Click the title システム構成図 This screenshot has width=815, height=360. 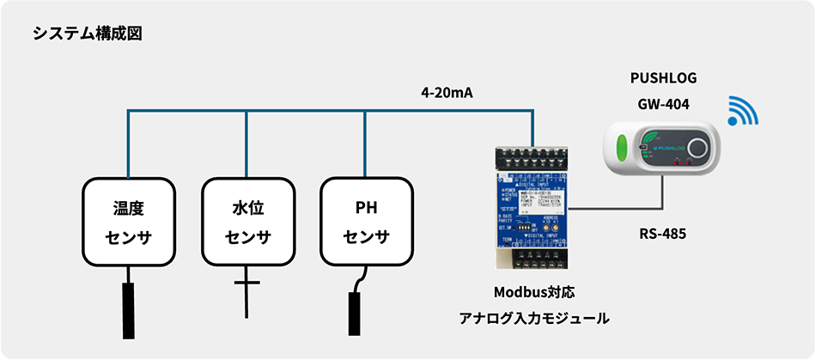point(87,34)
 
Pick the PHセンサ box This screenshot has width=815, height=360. point(366,222)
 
